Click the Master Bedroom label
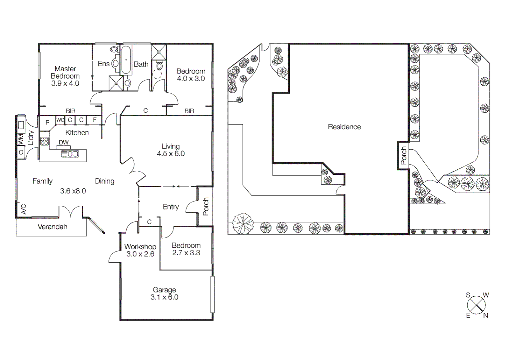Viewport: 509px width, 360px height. pyautogui.click(x=65, y=72)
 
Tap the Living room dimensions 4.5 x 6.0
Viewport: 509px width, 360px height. pyautogui.click(x=171, y=154)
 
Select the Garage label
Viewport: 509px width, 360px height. pyautogui.click(x=164, y=290)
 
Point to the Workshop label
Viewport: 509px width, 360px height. pyautogui.click(x=140, y=247)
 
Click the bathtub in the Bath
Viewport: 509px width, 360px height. pyautogui.click(x=126, y=60)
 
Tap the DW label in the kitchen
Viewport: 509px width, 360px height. pyautogui.click(x=64, y=142)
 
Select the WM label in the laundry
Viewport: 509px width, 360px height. pyautogui.click(x=21, y=139)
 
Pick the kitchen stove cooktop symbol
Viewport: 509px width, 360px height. pyautogui.click(x=44, y=141)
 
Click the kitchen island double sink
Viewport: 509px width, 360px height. pyautogui.click(x=70, y=154)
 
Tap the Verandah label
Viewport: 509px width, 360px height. pyautogui.click(x=52, y=227)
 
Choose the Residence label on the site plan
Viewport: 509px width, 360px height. pyautogui.click(x=344, y=127)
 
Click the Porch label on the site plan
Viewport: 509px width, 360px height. pyautogui.click(x=403, y=156)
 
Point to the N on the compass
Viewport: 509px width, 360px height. pyautogui.click(x=485, y=315)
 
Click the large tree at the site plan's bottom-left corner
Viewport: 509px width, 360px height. pyautogui.click(x=243, y=224)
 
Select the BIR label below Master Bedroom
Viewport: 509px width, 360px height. pyautogui.click(x=70, y=111)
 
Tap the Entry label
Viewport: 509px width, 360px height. pyautogui.click(x=171, y=207)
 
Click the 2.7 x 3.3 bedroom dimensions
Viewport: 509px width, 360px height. pyautogui.click(x=186, y=253)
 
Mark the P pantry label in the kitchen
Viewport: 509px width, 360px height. pyautogui.click(x=47, y=122)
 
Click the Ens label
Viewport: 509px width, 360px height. pyautogui.click(x=104, y=64)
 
